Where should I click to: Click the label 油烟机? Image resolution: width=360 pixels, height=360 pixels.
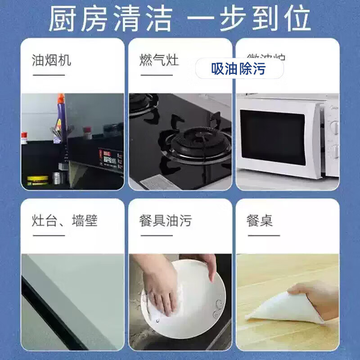(51, 60)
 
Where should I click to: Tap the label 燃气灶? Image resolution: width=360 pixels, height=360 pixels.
(159, 60)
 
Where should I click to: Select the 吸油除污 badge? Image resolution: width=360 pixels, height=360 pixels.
(239, 68)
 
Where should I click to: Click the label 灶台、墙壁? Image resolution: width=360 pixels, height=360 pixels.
(65, 220)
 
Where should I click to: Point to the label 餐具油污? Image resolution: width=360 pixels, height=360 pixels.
(165, 220)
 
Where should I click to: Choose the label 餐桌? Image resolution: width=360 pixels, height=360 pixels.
(260, 220)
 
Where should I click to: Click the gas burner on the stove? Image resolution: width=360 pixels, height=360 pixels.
(198, 137)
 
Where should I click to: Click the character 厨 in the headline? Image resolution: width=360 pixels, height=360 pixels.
(61, 18)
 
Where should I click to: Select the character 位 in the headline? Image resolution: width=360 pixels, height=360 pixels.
(297, 18)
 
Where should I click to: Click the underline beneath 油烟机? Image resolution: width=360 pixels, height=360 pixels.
(49, 74)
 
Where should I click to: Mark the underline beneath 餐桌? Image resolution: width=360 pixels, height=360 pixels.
(263, 235)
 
